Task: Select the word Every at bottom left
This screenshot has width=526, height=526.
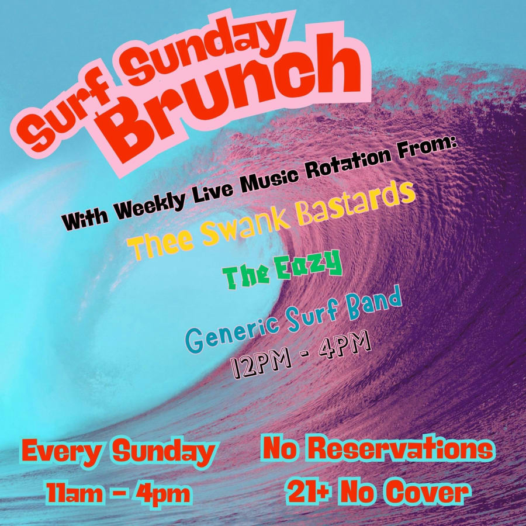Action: pyautogui.click(x=58, y=452)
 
